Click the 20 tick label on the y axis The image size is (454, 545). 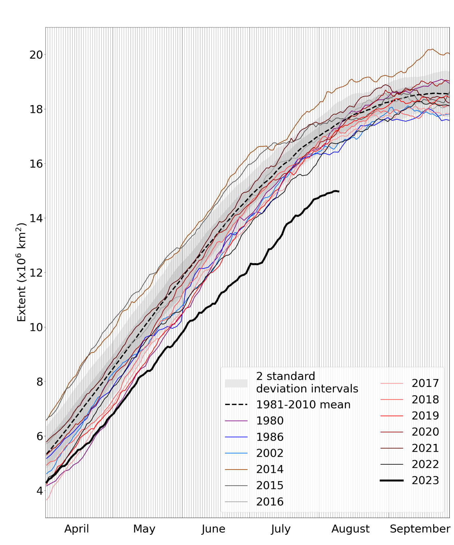click(x=36, y=55)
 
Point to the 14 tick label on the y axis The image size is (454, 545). click(x=36, y=218)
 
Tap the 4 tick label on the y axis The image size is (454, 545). click(x=40, y=491)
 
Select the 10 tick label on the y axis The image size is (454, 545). click(x=36, y=327)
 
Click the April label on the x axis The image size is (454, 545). click(x=76, y=529)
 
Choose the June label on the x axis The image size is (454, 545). click(x=213, y=529)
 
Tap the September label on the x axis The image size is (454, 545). click(x=420, y=529)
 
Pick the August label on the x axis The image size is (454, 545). click(x=350, y=529)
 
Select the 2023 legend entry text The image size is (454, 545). click(x=425, y=480)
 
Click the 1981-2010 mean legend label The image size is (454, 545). click(x=303, y=404)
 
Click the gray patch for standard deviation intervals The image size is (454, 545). click(x=236, y=383)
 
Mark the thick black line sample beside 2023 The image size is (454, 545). click(x=391, y=480)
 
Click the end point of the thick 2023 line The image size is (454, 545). click(x=339, y=191)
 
